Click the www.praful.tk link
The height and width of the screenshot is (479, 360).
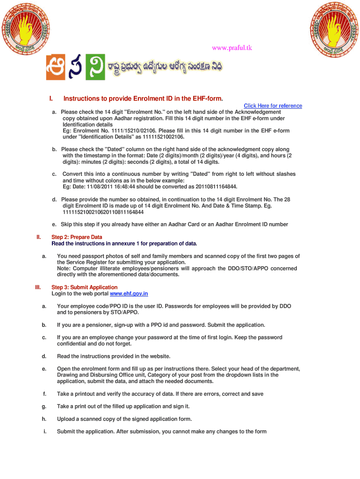(232, 48)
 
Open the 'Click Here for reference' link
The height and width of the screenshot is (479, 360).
(273, 106)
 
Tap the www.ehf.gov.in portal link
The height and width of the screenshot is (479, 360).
(129, 294)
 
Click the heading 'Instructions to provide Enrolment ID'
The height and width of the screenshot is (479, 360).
(143, 99)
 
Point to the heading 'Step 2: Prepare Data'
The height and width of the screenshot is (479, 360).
(77, 237)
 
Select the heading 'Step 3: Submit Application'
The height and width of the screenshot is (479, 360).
(84, 287)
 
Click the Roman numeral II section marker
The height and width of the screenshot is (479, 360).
(39, 237)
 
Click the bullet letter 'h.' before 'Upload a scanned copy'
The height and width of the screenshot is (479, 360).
(44, 419)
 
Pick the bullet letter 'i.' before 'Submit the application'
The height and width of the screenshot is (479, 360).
(44, 432)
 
